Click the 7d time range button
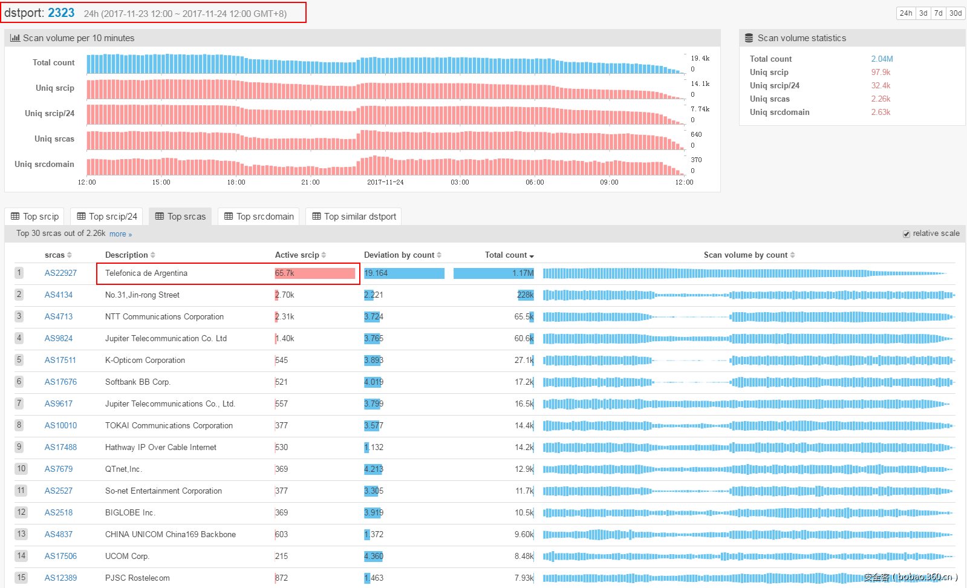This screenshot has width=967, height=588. click(x=938, y=13)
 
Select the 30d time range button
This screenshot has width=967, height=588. click(x=956, y=13)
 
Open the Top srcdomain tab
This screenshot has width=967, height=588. click(x=259, y=217)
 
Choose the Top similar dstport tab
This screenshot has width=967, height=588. click(x=354, y=217)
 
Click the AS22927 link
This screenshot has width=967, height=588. click(x=60, y=273)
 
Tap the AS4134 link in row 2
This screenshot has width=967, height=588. click(x=58, y=295)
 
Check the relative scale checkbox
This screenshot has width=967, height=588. click(x=907, y=234)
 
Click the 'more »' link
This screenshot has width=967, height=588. click(x=120, y=234)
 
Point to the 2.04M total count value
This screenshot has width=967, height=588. click(x=882, y=59)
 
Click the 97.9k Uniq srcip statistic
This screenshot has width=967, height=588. click(x=881, y=73)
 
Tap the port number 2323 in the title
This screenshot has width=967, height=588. click(x=61, y=13)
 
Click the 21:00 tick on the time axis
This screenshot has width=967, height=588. click(x=310, y=183)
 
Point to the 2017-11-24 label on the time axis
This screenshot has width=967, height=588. click(x=385, y=183)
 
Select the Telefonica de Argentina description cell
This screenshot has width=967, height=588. click(x=146, y=273)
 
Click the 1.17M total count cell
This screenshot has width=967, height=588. click(x=523, y=273)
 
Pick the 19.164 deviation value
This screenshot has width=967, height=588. click(x=376, y=273)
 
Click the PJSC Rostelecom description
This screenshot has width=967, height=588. click(x=137, y=578)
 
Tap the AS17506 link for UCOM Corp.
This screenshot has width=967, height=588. click(x=60, y=557)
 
